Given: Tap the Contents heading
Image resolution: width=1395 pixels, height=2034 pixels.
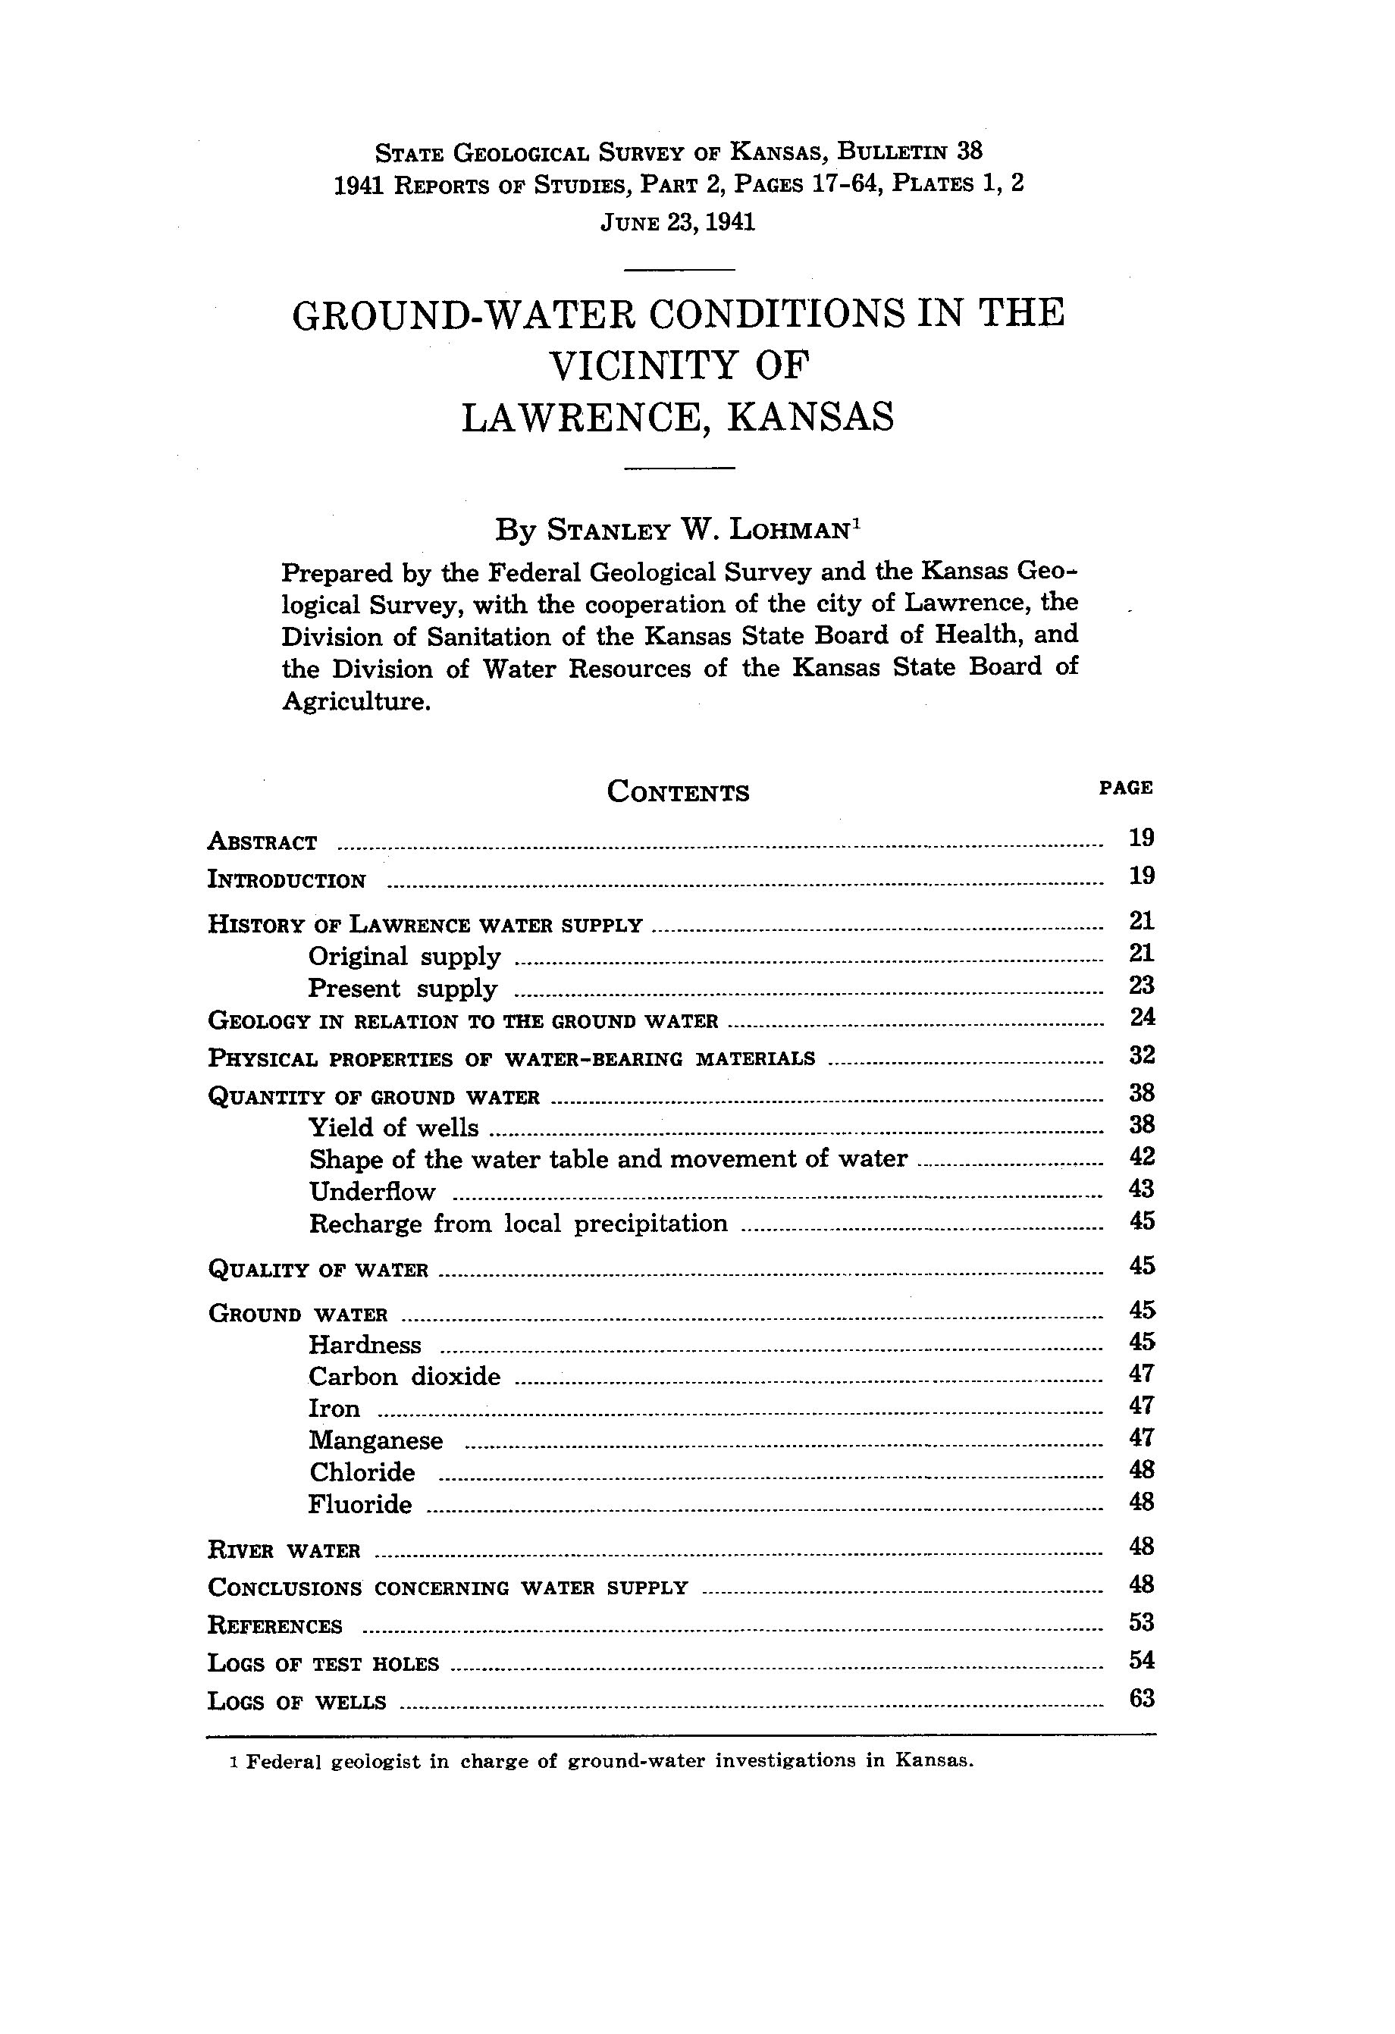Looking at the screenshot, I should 679,792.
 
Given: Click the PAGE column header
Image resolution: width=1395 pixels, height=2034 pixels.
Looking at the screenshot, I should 1125,788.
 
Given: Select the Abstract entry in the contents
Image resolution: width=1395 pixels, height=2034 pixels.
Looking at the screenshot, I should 262,842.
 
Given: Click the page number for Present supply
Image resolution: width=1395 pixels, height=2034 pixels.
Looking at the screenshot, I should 1142,986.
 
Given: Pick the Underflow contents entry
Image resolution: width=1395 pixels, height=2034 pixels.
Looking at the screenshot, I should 372,1191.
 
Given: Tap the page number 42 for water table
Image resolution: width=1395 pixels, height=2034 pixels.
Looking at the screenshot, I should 1142,1157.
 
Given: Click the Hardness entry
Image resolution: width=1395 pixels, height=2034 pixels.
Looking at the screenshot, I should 365,1344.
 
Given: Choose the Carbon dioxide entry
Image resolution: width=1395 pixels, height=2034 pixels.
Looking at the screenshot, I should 404,1377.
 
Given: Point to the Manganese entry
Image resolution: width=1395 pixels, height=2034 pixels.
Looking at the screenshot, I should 376,1440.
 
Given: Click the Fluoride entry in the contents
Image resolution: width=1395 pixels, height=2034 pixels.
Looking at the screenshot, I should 359,1505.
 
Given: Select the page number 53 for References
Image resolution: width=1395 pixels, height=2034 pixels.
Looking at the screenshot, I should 1142,1622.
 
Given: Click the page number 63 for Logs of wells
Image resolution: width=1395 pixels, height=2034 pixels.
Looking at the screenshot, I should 1142,1699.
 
